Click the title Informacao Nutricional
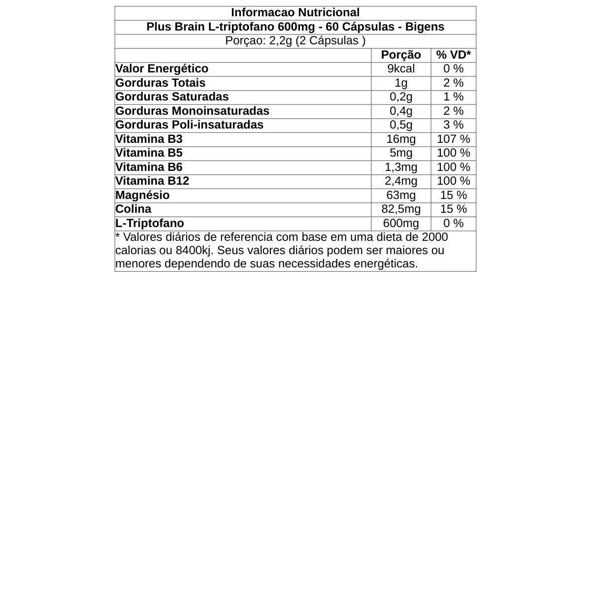295,13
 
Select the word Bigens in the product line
424,27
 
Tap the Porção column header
401,55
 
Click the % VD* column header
453,55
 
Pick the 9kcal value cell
401,68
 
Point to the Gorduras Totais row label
160,83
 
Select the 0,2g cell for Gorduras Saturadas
401,97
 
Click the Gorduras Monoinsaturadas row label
192,111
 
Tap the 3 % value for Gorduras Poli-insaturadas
453,125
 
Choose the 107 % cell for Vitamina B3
453,139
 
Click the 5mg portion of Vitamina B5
401,153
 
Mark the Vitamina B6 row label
149,167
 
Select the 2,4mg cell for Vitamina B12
401,181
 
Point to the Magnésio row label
142,195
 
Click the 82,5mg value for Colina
401,209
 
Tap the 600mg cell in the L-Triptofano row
401,223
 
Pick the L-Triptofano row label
149,223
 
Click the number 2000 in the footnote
435,237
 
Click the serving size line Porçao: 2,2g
295,41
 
